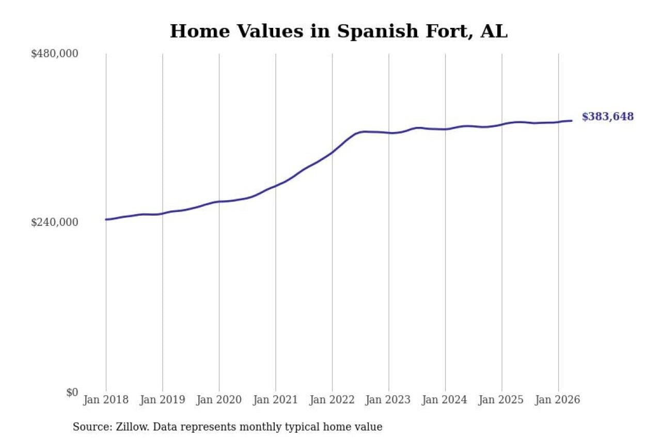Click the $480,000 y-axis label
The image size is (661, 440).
pyautogui.click(x=55, y=54)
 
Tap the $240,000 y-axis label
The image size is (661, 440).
pyautogui.click(x=55, y=222)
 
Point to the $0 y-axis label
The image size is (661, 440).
pyautogui.click(x=72, y=392)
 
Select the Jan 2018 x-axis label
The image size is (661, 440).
pyautogui.click(x=106, y=400)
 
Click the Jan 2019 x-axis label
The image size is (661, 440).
pyautogui.click(x=163, y=400)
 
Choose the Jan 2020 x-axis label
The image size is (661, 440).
pyautogui.click(x=219, y=400)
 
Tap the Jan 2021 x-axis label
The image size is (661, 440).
pyautogui.click(x=276, y=400)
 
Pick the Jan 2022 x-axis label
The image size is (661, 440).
pyautogui.click(x=332, y=400)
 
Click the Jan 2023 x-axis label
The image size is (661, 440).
pyautogui.click(x=388, y=400)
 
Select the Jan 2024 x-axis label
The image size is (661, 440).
pyautogui.click(x=445, y=400)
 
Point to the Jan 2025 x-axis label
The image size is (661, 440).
pyautogui.click(x=501, y=400)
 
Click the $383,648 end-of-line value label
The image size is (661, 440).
pyautogui.click(x=608, y=117)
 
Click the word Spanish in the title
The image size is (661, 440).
pyautogui.click(x=378, y=32)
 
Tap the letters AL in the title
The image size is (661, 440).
pyautogui.click(x=494, y=31)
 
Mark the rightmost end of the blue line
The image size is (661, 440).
pyautogui.click(x=572, y=121)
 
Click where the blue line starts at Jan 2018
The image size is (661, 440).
pyautogui.click(x=106, y=220)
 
